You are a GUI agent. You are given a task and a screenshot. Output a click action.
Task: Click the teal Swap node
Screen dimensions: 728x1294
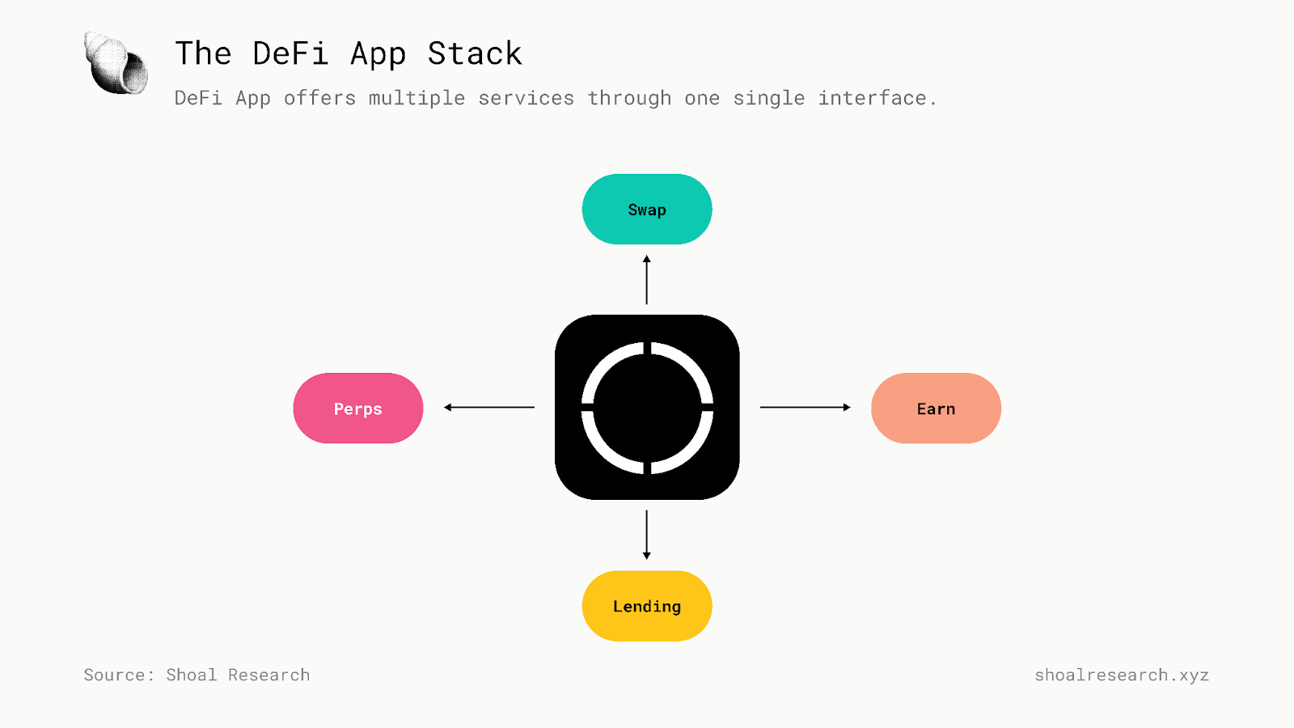click(647, 210)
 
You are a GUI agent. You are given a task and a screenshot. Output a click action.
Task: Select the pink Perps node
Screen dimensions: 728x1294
click(358, 408)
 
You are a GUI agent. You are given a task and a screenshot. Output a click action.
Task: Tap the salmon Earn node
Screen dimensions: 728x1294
click(936, 408)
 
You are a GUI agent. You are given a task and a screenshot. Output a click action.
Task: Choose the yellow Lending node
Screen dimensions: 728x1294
click(647, 606)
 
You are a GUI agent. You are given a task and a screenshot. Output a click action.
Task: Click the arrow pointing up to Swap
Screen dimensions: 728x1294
click(646, 280)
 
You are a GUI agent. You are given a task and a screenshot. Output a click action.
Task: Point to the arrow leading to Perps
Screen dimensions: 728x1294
click(489, 407)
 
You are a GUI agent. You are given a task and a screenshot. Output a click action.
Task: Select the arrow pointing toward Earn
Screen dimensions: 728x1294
click(806, 407)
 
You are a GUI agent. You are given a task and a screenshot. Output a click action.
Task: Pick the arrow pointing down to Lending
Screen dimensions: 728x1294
click(646, 535)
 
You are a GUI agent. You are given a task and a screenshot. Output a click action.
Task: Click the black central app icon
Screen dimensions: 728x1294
click(647, 407)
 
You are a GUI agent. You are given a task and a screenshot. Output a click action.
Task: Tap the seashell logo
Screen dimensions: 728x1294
click(116, 63)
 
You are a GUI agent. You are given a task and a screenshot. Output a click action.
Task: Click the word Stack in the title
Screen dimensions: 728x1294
click(475, 54)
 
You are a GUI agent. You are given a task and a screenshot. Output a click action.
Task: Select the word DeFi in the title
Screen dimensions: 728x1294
click(290, 54)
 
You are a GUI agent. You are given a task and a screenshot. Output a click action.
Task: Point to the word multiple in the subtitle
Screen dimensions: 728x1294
click(417, 99)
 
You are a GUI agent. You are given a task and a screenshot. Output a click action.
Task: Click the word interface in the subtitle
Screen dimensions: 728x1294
click(873, 99)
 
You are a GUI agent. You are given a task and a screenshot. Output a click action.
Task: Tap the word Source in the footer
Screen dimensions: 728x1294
click(115, 675)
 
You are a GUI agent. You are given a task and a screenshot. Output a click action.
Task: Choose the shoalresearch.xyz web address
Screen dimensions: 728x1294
click(1122, 675)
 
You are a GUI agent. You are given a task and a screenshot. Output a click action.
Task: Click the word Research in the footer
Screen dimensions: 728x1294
click(269, 675)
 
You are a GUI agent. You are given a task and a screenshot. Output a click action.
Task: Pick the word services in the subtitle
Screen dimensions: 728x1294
click(526, 99)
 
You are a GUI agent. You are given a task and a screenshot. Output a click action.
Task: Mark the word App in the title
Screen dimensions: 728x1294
click(378, 54)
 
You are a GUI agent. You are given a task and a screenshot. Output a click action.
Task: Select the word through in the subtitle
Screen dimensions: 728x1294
click(629, 99)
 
